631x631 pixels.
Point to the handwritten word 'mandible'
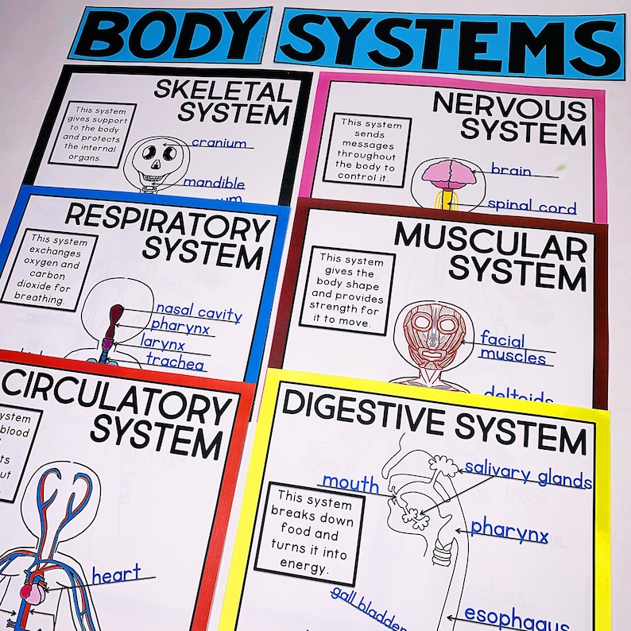point(214,183)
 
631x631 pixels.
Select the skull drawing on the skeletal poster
point(154,163)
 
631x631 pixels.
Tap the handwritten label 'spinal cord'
point(531,207)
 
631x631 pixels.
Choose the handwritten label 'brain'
point(510,169)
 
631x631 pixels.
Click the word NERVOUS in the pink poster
point(508,106)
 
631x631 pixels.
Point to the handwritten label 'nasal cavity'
point(198,311)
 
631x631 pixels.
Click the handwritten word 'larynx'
point(164,344)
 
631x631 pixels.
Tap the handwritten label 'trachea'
point(175,364)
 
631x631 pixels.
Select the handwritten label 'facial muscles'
point(512,347)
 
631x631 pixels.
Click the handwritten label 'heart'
point(116,572)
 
